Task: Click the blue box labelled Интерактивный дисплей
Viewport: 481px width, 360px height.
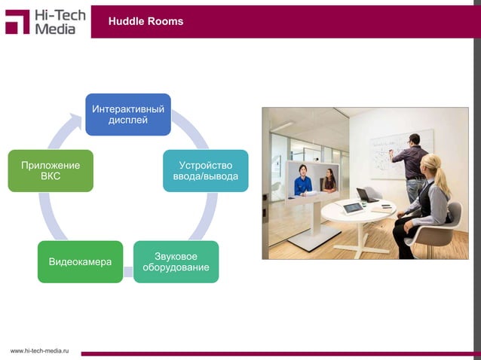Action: pos(127,114)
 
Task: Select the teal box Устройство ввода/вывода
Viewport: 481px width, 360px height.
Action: pos(206,170)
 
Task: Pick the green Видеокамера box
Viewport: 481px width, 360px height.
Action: pos(81,261)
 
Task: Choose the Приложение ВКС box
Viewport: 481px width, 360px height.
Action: pos(51,170)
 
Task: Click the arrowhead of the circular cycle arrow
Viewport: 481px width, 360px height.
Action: pos(76,119)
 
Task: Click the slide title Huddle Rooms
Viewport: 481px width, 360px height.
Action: pos(146,22)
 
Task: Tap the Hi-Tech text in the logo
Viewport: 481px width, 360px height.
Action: pos(60,14)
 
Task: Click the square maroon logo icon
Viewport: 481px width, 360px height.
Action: pos(17,21)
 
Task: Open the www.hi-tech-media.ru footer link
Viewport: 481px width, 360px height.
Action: pos(38,351)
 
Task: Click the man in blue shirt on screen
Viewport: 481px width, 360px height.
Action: pos(303,182)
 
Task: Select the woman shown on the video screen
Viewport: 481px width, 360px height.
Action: pos(329,181)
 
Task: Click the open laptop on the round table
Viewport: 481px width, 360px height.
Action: pos(367,196)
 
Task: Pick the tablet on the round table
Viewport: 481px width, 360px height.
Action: pos(352,207)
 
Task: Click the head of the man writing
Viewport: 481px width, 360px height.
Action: pos(413,139)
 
